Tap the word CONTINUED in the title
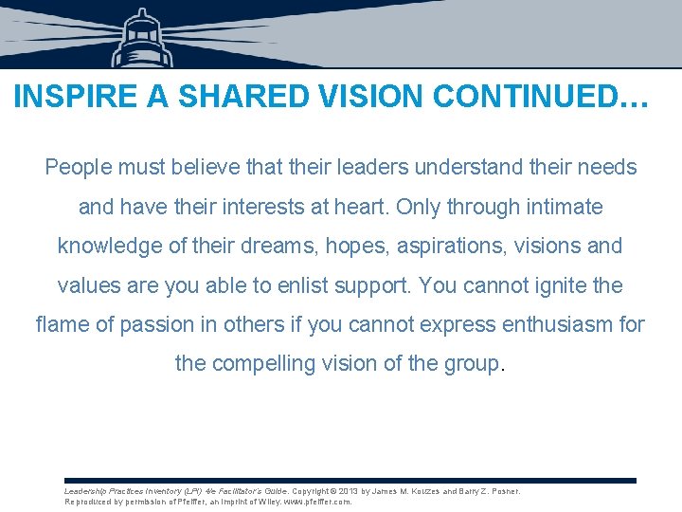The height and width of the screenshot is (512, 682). tap(501, 98)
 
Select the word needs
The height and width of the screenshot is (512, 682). tap(605, 168)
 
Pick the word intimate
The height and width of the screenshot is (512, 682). tap(564, 207)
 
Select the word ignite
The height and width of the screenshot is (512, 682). tap(549, 284)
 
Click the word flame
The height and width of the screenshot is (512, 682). tap(63, 324)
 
